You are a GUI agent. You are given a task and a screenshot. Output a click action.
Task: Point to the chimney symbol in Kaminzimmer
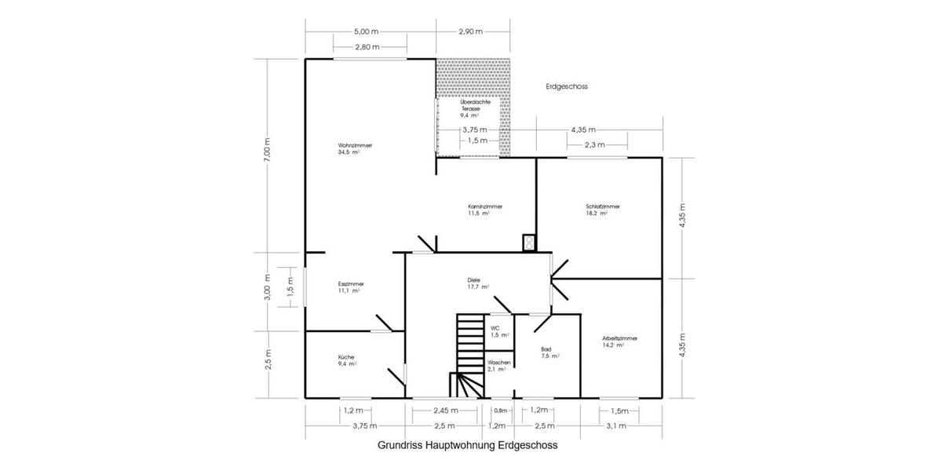pyautogui.click(x=528, y=243)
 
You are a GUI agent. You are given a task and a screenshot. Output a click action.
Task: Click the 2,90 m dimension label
pyautogui.click(x=470, y=31)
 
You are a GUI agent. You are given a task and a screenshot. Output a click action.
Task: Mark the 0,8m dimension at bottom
pyautogui.click(x=500, y=411)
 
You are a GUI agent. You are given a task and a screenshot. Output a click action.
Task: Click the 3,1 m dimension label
pyautogui.click(x=616, y=425)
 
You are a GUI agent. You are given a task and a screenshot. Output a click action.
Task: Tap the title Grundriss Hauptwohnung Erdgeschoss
pyautogui.click(x=467, y=445)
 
